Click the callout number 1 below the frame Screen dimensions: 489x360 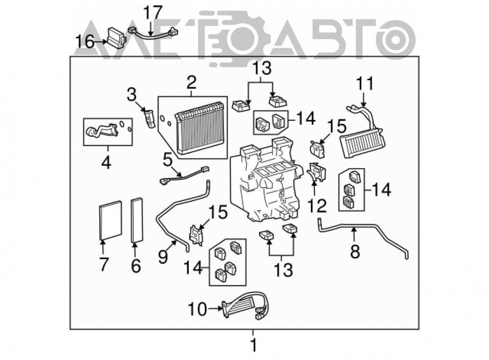point(254,345)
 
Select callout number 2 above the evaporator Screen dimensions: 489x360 point(192,82)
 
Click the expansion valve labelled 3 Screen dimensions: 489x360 point(149,118)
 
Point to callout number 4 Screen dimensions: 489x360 point(106,162)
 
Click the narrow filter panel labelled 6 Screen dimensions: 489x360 point(137,220)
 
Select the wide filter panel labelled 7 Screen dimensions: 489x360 point(111,221)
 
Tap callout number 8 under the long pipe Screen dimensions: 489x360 point(355,251)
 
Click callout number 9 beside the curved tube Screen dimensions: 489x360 point(162,257)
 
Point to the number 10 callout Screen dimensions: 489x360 point(198,309)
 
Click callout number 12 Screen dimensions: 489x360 point(317,206)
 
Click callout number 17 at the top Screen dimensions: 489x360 point(153,13)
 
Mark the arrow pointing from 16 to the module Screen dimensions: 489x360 point(100,41)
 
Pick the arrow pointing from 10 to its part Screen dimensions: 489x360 point(215,309)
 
